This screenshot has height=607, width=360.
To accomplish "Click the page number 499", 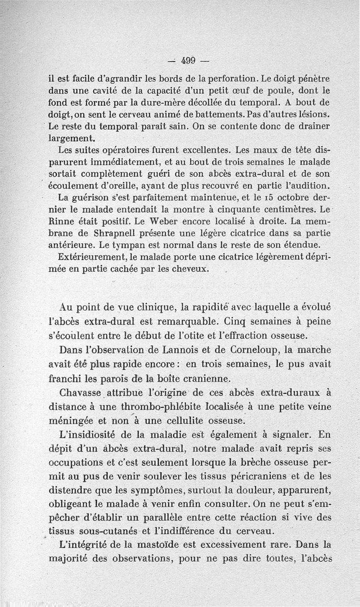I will coord(188,60).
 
